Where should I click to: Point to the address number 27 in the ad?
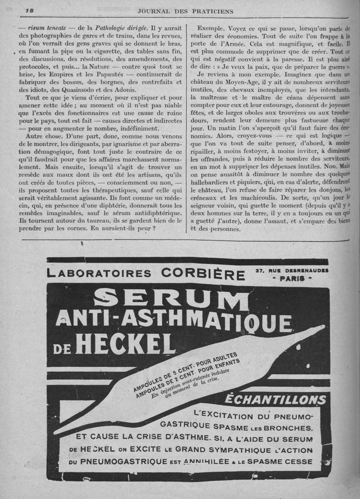(259, 270)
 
